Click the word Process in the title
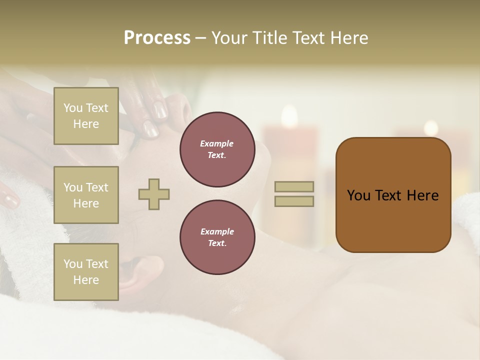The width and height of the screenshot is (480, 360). click(x=157, y=38)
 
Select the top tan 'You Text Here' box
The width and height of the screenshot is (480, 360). click(x=86, y=116)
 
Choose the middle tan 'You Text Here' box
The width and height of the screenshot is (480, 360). click(x=86, y=195)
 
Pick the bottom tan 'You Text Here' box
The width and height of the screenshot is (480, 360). click(x=86, y=271)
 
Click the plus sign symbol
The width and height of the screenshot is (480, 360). click(x=154, y=194)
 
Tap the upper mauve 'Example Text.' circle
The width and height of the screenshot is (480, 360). click(x=217, y=149)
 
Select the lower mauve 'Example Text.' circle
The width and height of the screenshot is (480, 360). click(x=217, y=237)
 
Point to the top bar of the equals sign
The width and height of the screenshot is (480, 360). click(x=294, y=186)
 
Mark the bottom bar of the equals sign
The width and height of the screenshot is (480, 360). click(x=294, y=201)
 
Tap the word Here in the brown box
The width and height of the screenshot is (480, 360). click(x=423, y=195)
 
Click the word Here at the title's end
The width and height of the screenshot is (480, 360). click(x=349, y=38)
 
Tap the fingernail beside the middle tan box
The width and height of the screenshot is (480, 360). click(x=10, y=200)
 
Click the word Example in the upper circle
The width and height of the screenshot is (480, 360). click(x=217, y=143)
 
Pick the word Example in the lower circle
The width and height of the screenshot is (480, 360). click(x=217, y=231)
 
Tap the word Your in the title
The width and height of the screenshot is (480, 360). click(x=229, y=38)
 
